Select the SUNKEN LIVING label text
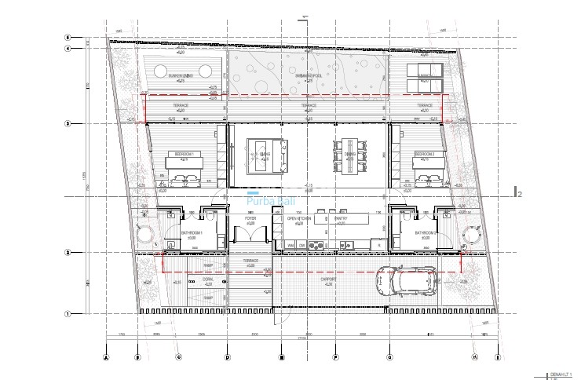[x=180, y=75]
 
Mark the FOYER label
[x=250, y=220]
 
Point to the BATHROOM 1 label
[x=192, y=233]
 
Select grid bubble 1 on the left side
[x=68, y=314]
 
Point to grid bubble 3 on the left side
[x=68, y=123]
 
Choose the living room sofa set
[x=261, y=155]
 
